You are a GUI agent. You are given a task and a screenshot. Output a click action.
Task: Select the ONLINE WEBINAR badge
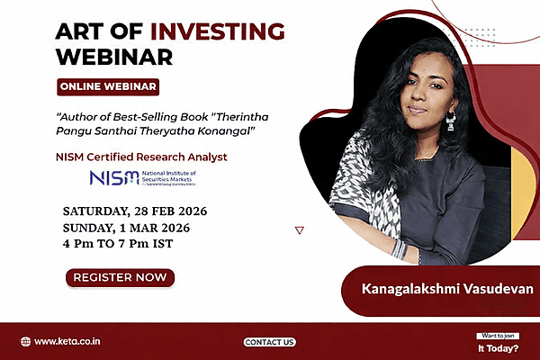coord(108,87)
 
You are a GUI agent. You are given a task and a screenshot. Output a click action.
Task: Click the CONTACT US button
coord(270,342)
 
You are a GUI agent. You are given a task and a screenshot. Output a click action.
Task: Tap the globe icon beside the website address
coord(25,342)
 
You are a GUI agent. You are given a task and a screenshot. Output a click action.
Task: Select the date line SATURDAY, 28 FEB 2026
coord(135,211)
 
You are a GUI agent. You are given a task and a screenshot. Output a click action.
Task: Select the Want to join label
coord(498,335)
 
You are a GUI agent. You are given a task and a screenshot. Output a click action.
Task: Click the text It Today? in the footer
coord(498,346)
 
